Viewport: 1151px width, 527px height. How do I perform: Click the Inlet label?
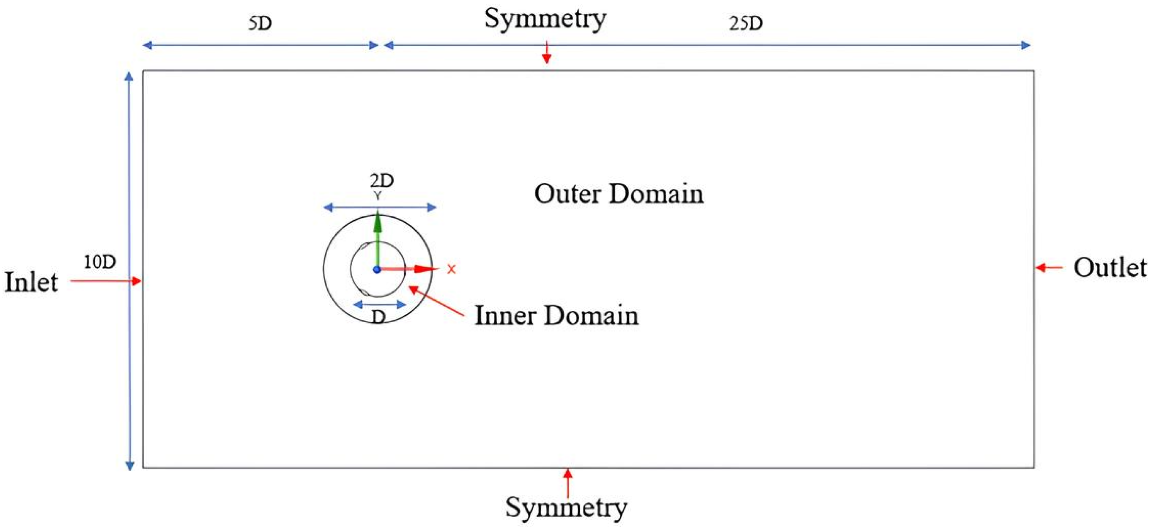(31, 283)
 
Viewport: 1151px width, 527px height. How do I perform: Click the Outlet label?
(1110, 268)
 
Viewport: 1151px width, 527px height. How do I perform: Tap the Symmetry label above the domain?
(545, 19)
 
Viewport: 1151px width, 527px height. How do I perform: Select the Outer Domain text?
(619, 195)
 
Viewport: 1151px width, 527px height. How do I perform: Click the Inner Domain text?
(556, 316)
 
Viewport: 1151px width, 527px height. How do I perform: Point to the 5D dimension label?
(260, 23)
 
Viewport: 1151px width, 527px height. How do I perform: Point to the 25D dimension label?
(746, 23)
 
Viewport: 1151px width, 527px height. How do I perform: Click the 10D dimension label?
(100, 262)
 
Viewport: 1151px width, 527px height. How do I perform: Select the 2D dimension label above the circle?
(381, 181)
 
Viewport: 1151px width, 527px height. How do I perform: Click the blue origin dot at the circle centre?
(377, 269)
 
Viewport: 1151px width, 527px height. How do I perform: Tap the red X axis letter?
(452, 269)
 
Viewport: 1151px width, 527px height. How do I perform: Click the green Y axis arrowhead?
(378, 222)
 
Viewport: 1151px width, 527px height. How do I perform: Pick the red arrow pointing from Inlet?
(105, 281)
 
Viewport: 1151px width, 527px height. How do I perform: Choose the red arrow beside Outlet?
(1049, 268)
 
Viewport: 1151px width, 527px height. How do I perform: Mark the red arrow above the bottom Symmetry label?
(567, 483)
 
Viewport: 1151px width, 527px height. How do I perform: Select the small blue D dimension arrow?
(379, 305)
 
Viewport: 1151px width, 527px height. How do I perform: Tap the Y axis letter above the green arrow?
(378, 196)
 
